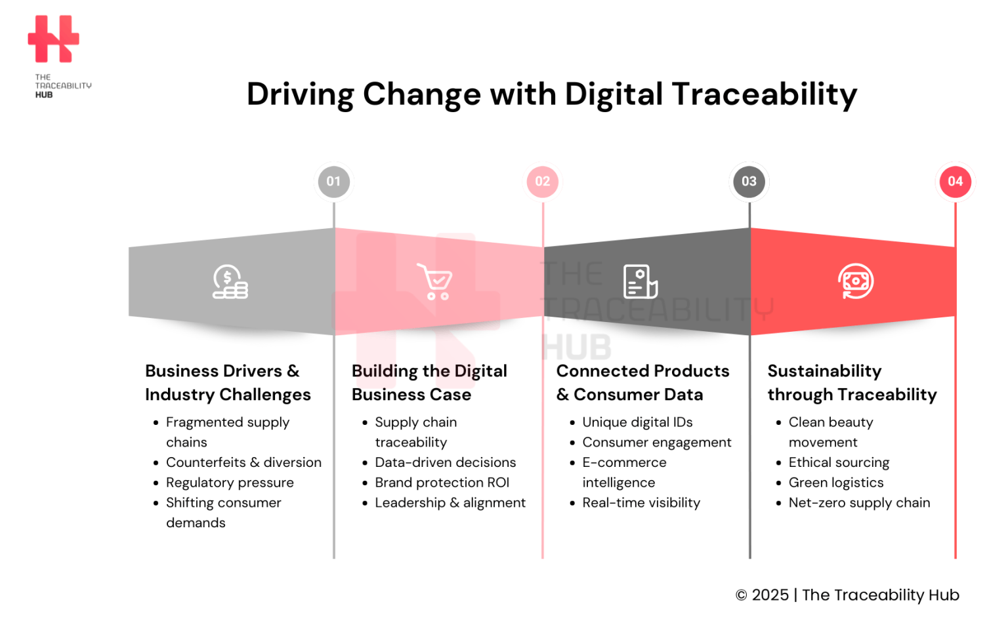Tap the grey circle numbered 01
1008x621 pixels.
[333, 182]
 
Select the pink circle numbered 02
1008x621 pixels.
[542, 182]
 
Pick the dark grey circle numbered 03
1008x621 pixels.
[749, 182]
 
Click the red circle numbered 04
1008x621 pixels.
[955, 182]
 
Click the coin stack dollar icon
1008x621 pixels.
[230, 282]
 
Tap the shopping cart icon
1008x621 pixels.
[434, 282]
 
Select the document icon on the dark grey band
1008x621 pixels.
[640, 282]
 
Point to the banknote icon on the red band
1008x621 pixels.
[855, 281]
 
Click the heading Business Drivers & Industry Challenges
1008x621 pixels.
[227, 383]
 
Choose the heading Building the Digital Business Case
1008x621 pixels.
[429, 383]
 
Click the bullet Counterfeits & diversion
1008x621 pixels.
[243, 462]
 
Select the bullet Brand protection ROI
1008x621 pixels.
[442, 483]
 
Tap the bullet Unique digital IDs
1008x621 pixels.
[637, 422]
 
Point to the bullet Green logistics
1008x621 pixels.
[835, 483]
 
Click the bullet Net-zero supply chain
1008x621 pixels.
[859, 503]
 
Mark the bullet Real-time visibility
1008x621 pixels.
[641, 503]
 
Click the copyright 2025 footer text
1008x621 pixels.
[847, 595]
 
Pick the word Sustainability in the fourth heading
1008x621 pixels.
[824, 371]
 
